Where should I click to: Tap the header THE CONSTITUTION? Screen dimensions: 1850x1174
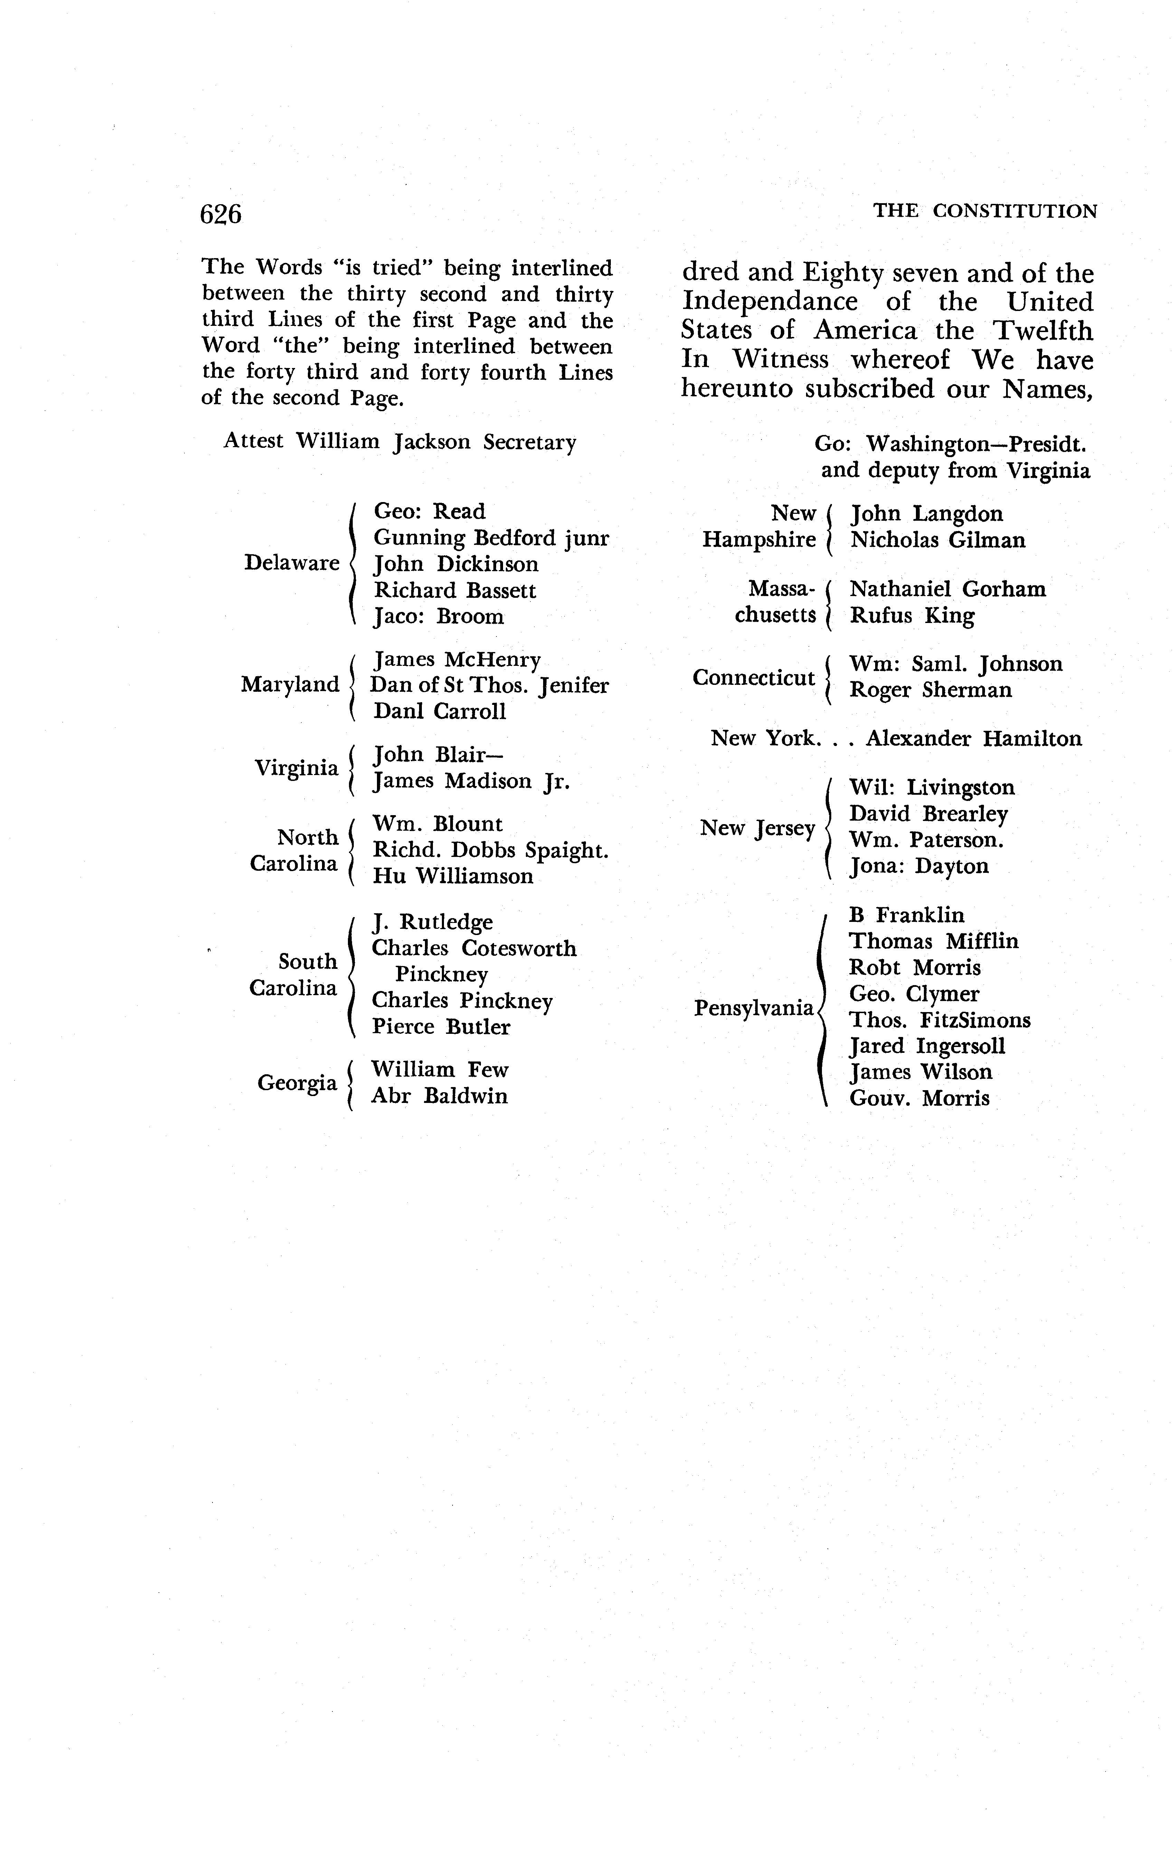click(x=985, y=211)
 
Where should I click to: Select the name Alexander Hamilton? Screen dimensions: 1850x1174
click(x=974, y=738)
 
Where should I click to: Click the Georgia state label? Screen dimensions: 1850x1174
click(x=297, y=1083)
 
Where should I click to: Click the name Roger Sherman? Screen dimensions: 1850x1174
click(x=930, y=690)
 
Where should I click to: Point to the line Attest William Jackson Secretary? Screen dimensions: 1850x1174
click(x=399, y=442)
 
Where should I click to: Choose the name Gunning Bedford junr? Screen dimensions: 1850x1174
click(x=491, y=538)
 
